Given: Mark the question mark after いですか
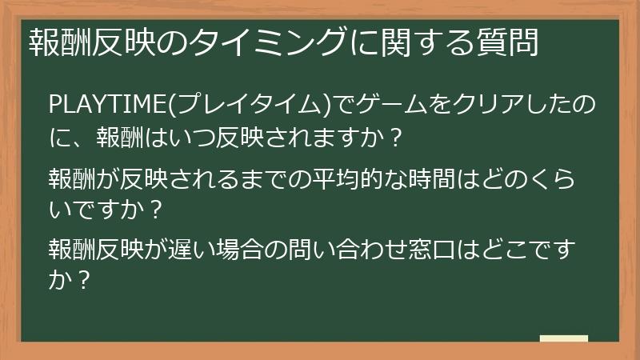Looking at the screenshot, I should click(x=158, y=210).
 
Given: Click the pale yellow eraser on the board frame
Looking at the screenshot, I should click(x=564, y=338).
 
